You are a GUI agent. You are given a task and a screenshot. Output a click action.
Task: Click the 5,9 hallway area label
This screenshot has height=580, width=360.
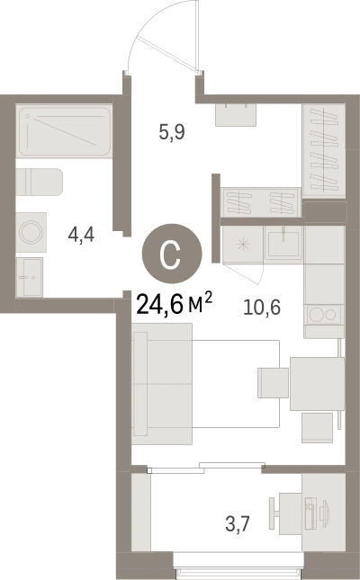[172, 132]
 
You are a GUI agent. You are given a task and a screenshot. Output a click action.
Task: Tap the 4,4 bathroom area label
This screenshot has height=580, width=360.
[81, 234]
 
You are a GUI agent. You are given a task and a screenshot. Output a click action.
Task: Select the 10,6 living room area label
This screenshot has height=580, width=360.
[262, 307]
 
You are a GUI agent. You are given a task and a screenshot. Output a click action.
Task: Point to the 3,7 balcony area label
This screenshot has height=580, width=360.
[238, 523]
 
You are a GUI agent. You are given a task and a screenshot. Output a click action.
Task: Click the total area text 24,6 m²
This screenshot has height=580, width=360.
[175, 303]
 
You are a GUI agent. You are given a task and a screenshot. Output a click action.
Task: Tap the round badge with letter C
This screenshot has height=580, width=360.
[172, 254]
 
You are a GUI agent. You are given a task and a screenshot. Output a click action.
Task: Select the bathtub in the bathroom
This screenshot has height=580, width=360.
[65, 131]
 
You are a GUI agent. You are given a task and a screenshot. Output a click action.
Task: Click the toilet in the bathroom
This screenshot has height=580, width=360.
[40, 182]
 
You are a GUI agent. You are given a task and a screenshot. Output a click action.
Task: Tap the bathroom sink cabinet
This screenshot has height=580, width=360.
[30, 277]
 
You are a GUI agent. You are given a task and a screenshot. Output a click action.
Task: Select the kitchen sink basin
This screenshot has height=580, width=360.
[283, 243]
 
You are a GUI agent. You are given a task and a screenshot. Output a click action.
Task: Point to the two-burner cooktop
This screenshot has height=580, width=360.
[324, 315]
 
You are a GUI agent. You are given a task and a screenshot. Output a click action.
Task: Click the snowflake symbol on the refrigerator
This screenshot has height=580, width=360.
[243, 244]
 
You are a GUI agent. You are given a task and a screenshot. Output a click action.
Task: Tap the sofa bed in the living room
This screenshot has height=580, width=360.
[162, 384]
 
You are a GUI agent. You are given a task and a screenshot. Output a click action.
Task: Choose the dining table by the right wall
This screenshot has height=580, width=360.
[317, 384]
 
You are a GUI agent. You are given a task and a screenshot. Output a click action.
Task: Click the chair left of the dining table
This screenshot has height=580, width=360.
[274, 383]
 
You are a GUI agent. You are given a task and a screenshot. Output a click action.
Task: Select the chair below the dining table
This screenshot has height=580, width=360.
[317, 428]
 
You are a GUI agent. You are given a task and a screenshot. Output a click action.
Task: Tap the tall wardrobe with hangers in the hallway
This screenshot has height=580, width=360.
[324, 150]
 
